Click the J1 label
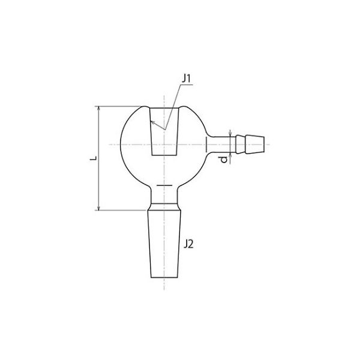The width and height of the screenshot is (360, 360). (x=187, y=79)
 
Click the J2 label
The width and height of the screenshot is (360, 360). (x=188, y=244)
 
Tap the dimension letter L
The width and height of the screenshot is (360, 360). (x=94, y=158)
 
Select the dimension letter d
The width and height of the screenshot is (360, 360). (x=223, y=160)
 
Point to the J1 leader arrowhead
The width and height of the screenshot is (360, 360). (x=152, y=122)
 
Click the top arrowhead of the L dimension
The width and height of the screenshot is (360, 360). (x=99, y=109)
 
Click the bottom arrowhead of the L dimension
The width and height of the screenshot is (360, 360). (x=99, y=208)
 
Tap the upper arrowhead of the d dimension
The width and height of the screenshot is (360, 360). (x=230, y=134)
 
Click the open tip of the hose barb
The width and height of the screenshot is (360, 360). (x=264, y=145)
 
